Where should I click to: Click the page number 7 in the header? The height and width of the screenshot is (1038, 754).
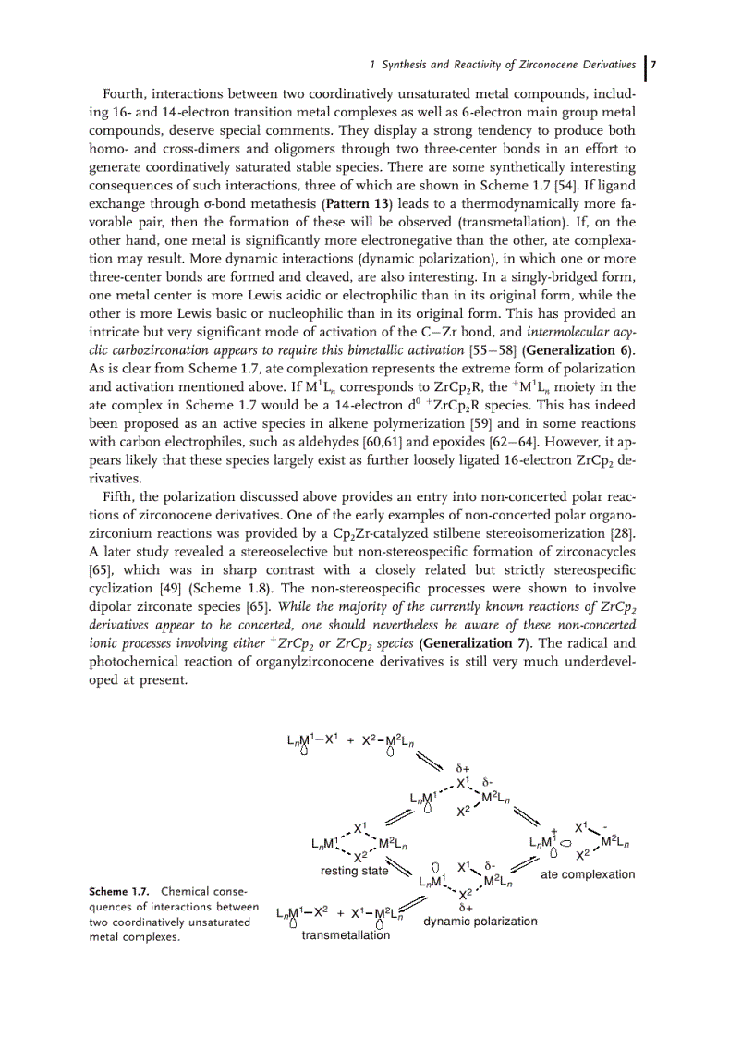(653, 65)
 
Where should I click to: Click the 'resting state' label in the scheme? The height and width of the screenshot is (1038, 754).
(354, 871)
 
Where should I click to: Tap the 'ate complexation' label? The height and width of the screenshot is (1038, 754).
(588, 874)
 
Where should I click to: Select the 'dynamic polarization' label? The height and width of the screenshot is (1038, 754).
(480, 921)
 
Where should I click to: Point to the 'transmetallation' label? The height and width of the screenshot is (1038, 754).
(346, 934)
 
